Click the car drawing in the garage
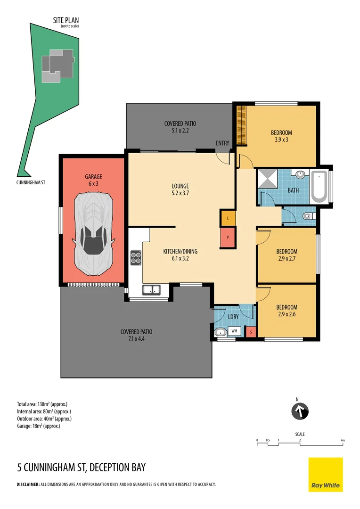93,234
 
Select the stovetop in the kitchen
136,258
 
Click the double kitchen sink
152,289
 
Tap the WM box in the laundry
234,331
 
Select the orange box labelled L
228,218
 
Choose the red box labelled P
228,237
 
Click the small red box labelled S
251,332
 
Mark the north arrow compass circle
300,411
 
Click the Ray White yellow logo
326,475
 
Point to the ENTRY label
223,143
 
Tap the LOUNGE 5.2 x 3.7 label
180,189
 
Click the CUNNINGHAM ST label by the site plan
31,182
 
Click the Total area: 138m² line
42,404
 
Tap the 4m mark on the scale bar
343,441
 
